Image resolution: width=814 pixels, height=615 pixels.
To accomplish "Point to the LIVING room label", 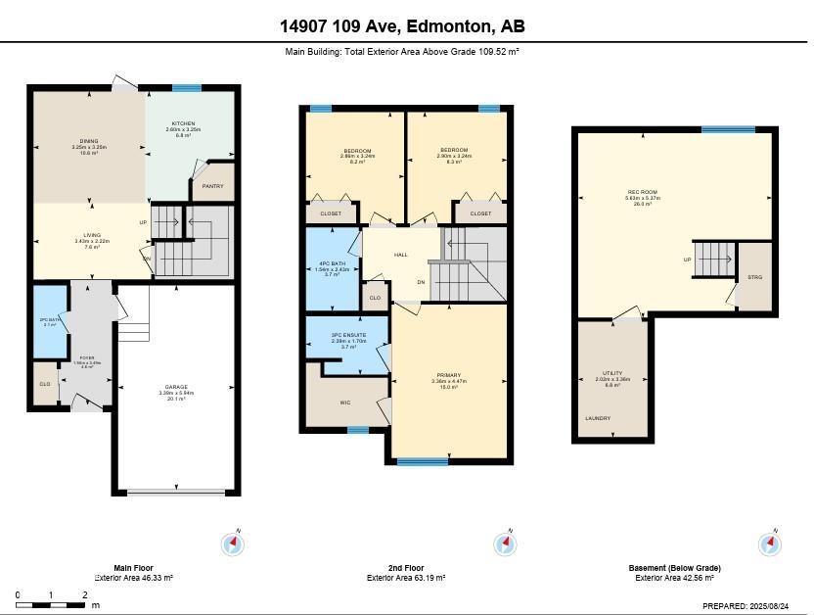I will (92, 234).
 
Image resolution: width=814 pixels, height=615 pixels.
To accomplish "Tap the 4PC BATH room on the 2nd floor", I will (332, 262).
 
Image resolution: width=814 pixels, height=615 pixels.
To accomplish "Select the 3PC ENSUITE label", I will (347, 335).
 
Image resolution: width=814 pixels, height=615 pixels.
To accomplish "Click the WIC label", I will (344, 402).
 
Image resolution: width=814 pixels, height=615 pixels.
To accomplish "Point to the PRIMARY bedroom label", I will (448, 375).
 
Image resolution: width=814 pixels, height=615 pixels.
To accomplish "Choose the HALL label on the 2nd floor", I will (401, 255).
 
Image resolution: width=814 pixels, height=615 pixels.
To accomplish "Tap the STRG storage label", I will (754, 277).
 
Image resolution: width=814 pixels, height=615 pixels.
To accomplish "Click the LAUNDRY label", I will (598, 418).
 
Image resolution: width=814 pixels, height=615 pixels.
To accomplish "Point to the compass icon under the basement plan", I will (770, 544).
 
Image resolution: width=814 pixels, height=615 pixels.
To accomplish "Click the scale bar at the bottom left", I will (51, 603).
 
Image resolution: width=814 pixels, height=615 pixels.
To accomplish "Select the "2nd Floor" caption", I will (406, 568).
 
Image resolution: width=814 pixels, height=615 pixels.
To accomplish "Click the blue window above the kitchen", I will (187, 88).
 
